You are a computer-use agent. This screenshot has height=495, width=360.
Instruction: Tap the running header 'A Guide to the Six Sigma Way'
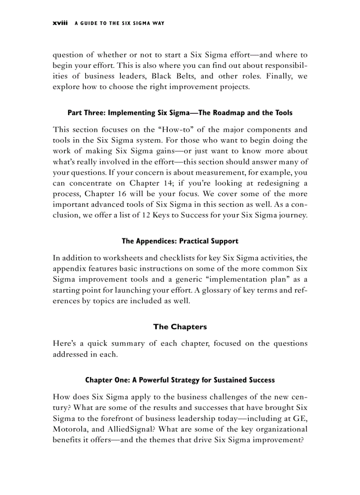(x=119, y=23)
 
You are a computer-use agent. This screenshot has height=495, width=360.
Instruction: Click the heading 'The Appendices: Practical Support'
(x=180, y=241)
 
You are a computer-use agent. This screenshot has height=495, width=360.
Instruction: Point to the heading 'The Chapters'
(x=180, y=327)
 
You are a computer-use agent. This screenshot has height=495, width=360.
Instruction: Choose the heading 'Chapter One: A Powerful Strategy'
(x=180, y=380)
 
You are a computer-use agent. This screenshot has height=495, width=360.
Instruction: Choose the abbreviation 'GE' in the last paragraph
(x=299, y=418)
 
